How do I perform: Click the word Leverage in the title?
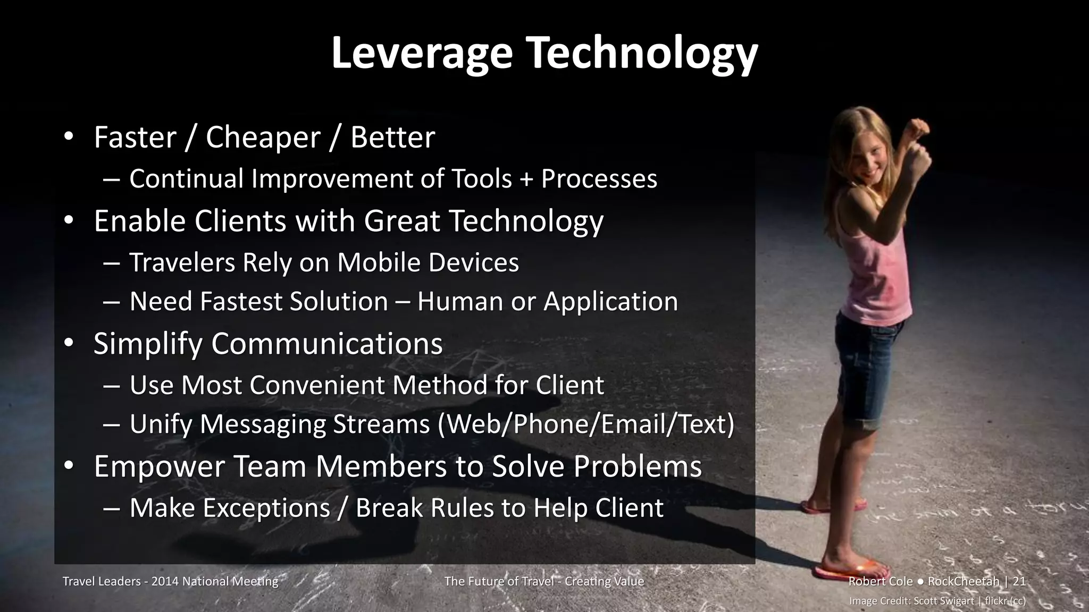(x=422, y=53)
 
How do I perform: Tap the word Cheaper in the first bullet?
(x=263, y=137)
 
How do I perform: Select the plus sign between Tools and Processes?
(x=526, y=178)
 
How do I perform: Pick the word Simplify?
(x=148, y=344)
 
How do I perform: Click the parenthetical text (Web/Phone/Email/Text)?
(x=585, y=424)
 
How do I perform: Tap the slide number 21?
(x=1019, y=581)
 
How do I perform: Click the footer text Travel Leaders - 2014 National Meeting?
(x=170, y=581)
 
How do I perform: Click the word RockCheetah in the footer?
(x=963, y=581)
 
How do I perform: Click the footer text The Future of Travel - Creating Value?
(x=544, y=581)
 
